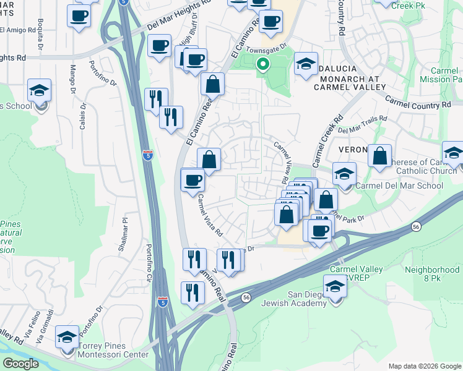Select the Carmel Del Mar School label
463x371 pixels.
400,185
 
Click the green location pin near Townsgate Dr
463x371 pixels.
263,64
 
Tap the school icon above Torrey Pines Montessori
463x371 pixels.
67,337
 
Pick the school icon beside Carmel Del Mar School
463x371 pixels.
344,174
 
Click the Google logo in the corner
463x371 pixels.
20,364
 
